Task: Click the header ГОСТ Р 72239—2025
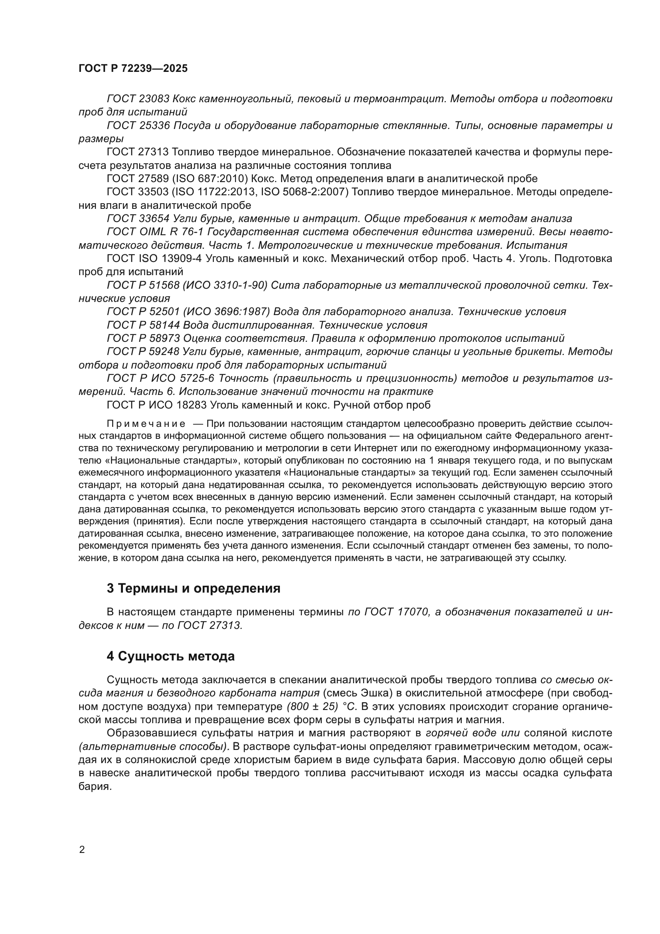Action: tap(133, 68)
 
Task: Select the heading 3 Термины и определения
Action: tap(194, 589)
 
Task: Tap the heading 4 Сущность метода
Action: tap(171, 656)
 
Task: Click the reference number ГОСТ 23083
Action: tap(138, 99)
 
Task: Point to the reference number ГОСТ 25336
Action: tap(138, 126)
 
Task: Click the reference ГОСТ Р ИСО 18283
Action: tap(157, 405)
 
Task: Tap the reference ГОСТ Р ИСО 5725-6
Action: tap(160, 378)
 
